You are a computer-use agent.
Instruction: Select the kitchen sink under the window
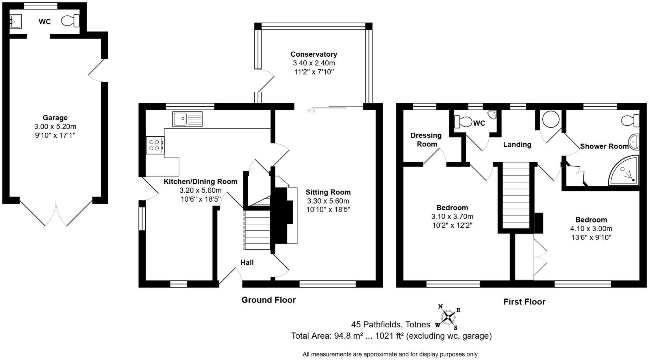coord(187,119)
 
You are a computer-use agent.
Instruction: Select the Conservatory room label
coord(313,54)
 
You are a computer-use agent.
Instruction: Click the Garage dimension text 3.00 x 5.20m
coord(55,126)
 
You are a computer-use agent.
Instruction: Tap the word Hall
coord(247,262)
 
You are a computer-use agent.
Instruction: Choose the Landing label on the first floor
coord(517,145)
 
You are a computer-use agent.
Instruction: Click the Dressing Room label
coord(426,140)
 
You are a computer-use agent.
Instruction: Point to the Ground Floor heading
coord(268,300)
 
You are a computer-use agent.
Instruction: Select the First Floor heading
coord(524,302)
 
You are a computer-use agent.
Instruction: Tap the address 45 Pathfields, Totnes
coord(391,325)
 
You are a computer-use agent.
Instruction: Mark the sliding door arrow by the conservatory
coord(312,111)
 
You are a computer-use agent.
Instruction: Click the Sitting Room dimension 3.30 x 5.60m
coord(328,201)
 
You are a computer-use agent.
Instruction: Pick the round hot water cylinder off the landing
coord(550,119)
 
